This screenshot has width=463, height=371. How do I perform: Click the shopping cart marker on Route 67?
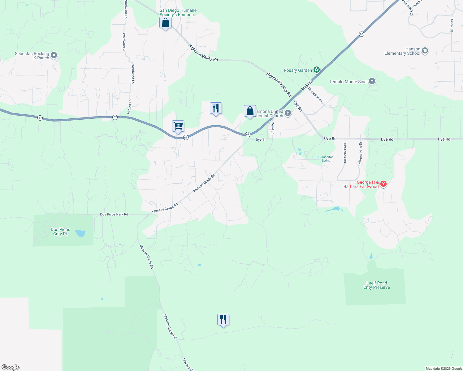pos(178,126)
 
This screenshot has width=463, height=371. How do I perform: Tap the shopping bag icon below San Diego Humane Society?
pos(166,23)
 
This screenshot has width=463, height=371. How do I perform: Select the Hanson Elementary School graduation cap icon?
pos(425,51)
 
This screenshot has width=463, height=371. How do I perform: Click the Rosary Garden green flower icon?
pos(316,70)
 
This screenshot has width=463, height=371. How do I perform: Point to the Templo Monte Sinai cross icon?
pos(372,82)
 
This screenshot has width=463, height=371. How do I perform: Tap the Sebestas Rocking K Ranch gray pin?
pos(54,56)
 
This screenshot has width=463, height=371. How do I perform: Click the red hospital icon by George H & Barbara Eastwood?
pos(383,184)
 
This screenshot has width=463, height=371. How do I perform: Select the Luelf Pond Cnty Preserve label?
pos(376,285)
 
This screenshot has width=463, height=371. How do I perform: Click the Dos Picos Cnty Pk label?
pos(60,232)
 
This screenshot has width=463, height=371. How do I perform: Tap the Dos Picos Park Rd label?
pos(114,214)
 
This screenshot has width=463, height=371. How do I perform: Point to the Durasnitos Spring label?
pos(326,159)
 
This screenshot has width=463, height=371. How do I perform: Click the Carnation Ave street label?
pos(316,96)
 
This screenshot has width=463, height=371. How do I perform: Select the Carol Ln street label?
pos(273,128)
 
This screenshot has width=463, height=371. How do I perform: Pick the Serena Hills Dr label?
pos(360,153)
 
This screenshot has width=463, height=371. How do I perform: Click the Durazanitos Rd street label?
pos(345,152)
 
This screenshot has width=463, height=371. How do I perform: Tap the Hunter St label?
pos(452,25)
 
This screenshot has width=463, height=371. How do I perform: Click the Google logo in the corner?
pos(11,367)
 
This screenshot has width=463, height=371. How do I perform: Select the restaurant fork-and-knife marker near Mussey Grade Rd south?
pos(223,320)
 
